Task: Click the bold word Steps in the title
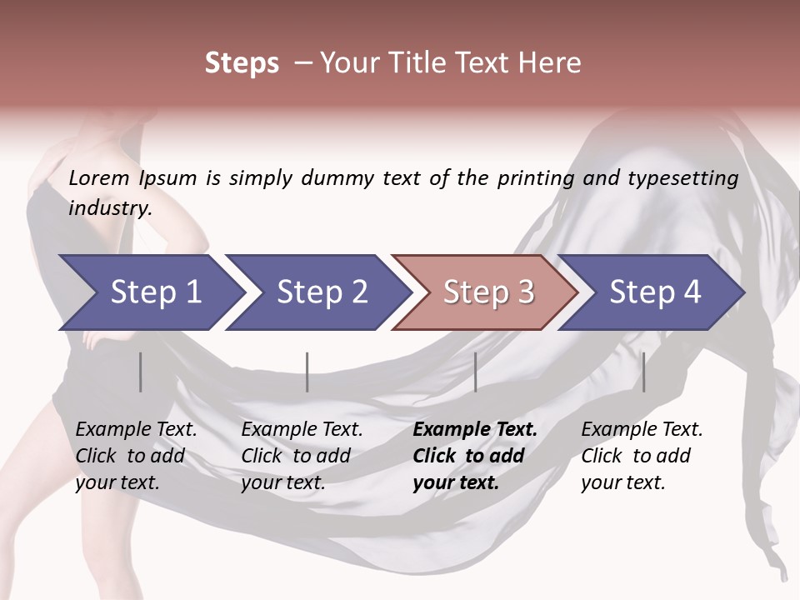pos(242,63)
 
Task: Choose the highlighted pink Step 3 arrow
pos(488,292)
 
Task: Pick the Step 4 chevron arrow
pos(655,292)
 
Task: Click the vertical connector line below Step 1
pos(141,372)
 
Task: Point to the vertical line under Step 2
pos(307,372)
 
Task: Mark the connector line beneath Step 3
pos(475,372)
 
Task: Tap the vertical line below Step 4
pos(643,372)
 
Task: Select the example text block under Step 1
pos(136,456)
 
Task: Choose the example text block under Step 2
pos(302,456)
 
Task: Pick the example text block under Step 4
pos(642,456)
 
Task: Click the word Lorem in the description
pos(98,178)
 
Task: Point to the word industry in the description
pos(109,207)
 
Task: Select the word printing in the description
pos(536,178)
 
